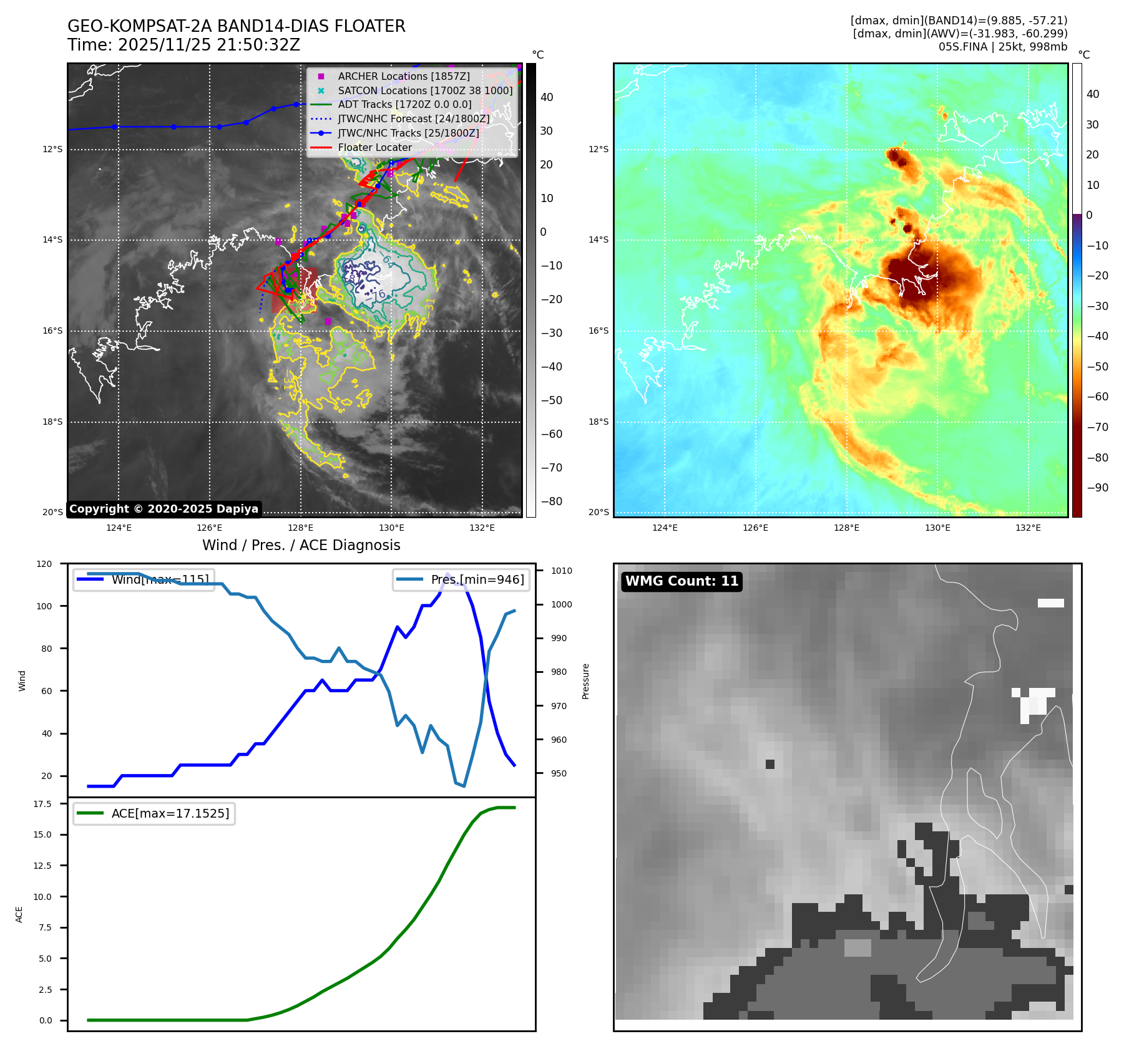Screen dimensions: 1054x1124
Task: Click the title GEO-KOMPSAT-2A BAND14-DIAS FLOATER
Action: [236, 26]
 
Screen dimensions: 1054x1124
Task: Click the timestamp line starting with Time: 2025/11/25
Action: [183, 45]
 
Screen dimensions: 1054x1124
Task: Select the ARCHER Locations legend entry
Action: [403, 76]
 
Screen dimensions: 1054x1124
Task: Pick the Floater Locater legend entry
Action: [374, 148]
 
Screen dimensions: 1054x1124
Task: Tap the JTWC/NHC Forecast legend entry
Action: [413, 118]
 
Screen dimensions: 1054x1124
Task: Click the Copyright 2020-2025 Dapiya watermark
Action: [164, 509]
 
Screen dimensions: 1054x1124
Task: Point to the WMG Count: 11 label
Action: [682, 581]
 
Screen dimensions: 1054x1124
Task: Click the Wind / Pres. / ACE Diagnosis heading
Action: [301, 545]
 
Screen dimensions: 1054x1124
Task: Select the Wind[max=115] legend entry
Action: [160, 579]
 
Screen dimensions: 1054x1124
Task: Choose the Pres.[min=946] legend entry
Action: [477, 579]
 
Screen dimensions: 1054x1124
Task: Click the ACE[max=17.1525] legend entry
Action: [170, 813]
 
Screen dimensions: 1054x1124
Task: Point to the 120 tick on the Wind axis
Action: [44, 564]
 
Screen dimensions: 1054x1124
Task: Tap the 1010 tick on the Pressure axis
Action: [561, 571]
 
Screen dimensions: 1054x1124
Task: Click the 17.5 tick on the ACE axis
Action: [42, 804]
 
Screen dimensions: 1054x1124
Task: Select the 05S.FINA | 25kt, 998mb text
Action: [1002, 47]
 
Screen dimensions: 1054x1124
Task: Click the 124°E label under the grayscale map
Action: [119, 528]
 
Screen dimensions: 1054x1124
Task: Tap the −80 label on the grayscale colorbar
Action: [550, 501]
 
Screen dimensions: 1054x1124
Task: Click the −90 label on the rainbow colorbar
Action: [1097, 488]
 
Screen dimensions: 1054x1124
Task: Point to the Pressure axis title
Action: [585, 681]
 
